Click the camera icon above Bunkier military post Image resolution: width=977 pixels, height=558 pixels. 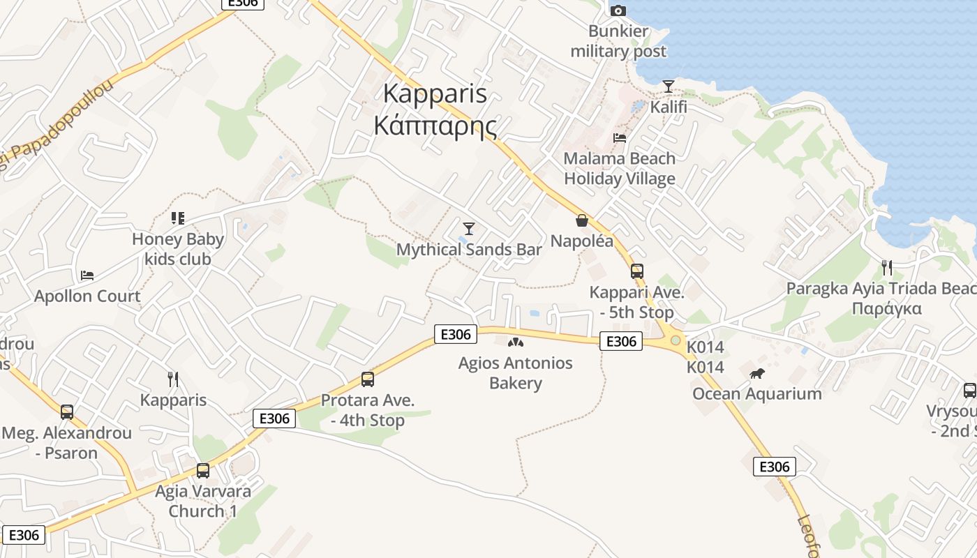pyautogui.click(x=618, y=10)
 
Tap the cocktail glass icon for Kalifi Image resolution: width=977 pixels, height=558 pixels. pyautogui.click(x=669, y=86)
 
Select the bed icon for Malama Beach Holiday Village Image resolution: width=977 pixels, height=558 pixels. pyautogui.click(x=620, y=137)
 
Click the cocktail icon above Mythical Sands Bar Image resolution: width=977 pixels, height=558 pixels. pyautogui.click(x=469, y=228)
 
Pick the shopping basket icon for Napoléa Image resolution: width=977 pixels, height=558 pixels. pyautogui.click(x=581, y=220)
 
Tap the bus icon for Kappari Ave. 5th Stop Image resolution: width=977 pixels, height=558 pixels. pyautogui.click(x=636, y=271)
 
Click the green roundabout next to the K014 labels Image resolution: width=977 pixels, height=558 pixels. pyautogui.click(x=675, y=340)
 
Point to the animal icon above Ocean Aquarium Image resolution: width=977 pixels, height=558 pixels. pyautogui.click(x=757, y=374)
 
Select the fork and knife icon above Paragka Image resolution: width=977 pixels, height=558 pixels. pyautogui.click(x=887, y=267)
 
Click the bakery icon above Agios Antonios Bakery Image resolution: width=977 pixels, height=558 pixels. pyautogui.click(x=515, y=342)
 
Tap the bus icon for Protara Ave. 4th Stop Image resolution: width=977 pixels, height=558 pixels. pyautogui.click(x=368, y=379)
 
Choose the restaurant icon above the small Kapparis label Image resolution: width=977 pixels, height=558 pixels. pyautogui.click(x=173, y=379)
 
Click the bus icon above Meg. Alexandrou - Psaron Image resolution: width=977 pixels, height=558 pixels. pyautogui.click(x=67, y=412)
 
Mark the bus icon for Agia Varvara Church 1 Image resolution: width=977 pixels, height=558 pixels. pyautogui.click(x=203, y=470)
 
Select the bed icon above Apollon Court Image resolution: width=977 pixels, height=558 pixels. pyautogui.click(x=87, y=276)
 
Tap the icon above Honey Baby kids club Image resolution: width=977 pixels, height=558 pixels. pyautogui.click(x=178, y=218)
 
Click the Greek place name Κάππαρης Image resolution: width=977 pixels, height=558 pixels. pyautogui.click(x=435, y=126)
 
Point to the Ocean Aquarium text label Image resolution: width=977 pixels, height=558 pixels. pyautogui.click(x=757, y=394)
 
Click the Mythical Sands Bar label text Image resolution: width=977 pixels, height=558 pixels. pyautogui.click(x=469, y=250)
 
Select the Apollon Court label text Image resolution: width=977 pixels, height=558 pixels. pyautogui.click(x=87, y=296)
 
